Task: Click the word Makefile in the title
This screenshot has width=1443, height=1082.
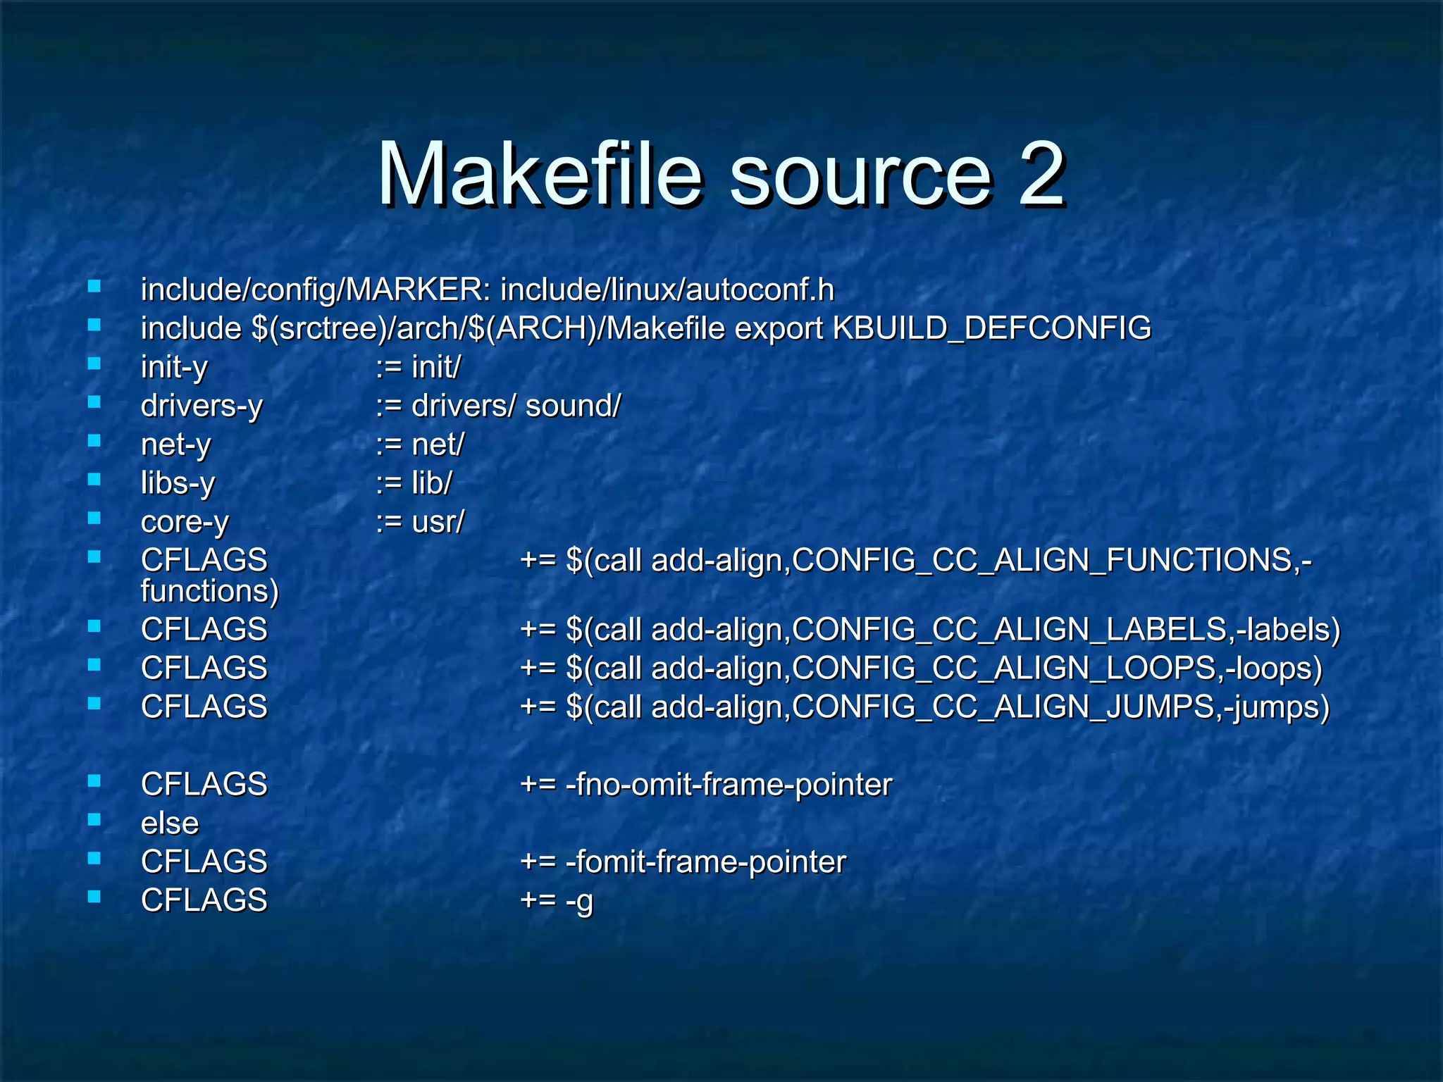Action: tap(540, 174)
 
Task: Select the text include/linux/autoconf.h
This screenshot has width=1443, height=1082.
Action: tap(667, 290)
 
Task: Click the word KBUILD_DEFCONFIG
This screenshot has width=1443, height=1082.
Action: tap(992, 329)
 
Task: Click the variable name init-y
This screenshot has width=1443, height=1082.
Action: tap(174, 368)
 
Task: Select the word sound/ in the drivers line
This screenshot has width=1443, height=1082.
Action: tap(574, 406)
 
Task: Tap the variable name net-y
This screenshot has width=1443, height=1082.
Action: tap(175, 445)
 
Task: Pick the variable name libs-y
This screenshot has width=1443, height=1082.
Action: tap(178, 484)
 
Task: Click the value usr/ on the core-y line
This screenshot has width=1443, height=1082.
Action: tap(438, 522)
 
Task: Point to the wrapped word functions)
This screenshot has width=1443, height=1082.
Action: tap(210, 591)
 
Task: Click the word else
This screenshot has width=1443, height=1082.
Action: tap(170, 823)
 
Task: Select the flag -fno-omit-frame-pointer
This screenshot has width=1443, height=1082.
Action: tap(729, 785)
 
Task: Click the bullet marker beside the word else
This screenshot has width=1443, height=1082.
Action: tap(94, 819)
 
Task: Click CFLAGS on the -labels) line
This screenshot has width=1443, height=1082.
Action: tap(204, 629)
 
